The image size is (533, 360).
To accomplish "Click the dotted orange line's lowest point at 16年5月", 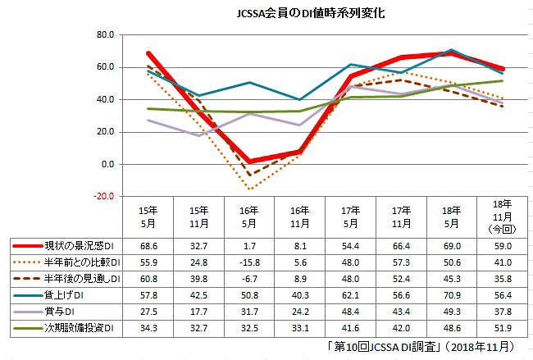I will (248, 189).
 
